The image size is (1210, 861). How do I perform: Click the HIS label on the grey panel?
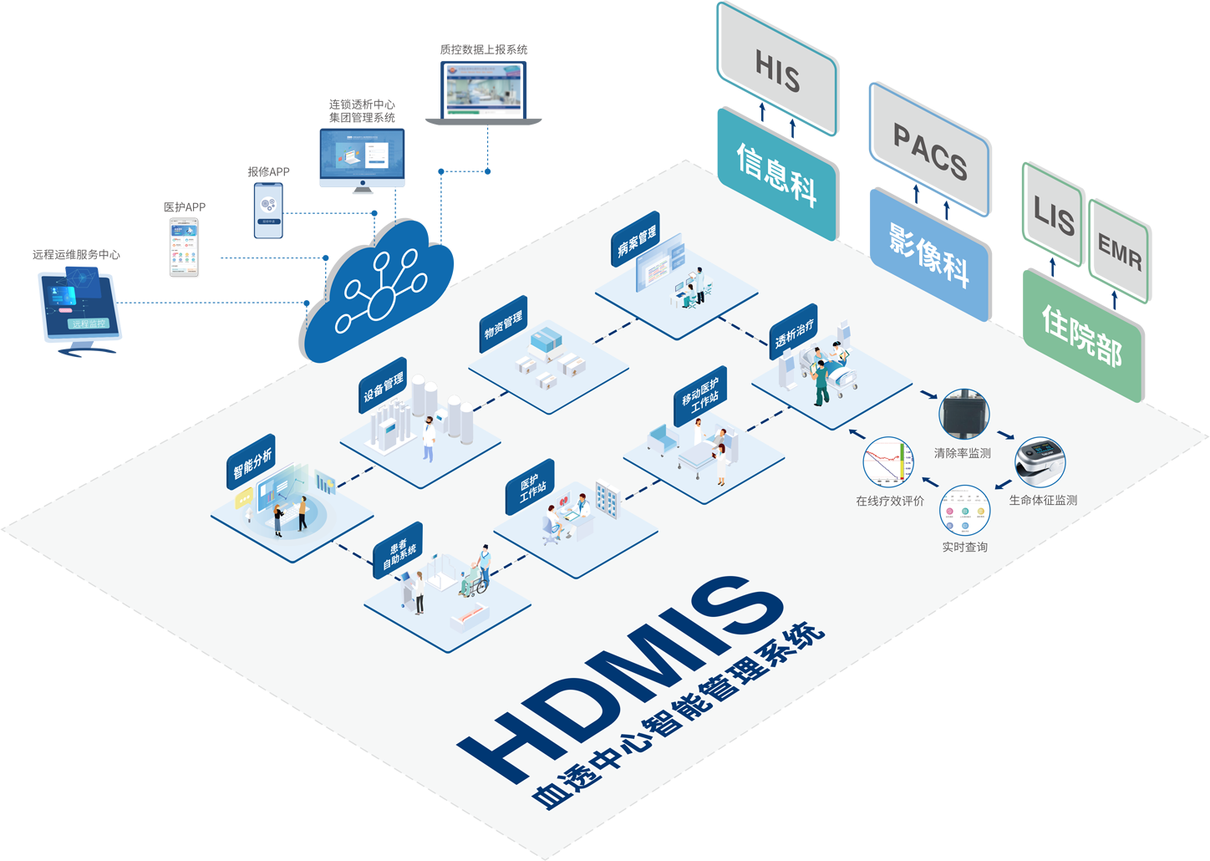coord(777,72)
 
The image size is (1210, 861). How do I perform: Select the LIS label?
coord(1053,216)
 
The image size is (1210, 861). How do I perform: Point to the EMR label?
coord(1119,252)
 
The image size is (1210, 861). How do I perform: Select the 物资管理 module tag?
coord(503,324)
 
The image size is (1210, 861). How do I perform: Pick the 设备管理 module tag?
coord(383,385)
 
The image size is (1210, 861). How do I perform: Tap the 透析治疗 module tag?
coord(793,331)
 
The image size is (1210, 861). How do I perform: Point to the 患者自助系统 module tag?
coord(399,551)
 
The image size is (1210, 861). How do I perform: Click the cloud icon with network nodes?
coord(380,292)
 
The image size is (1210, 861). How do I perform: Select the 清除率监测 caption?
coord(962,453)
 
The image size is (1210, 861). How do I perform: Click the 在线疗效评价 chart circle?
coord(887,461)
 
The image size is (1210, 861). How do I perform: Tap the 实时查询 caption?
coord(964,547)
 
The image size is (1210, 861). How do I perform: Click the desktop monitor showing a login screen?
coord(363,159)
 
